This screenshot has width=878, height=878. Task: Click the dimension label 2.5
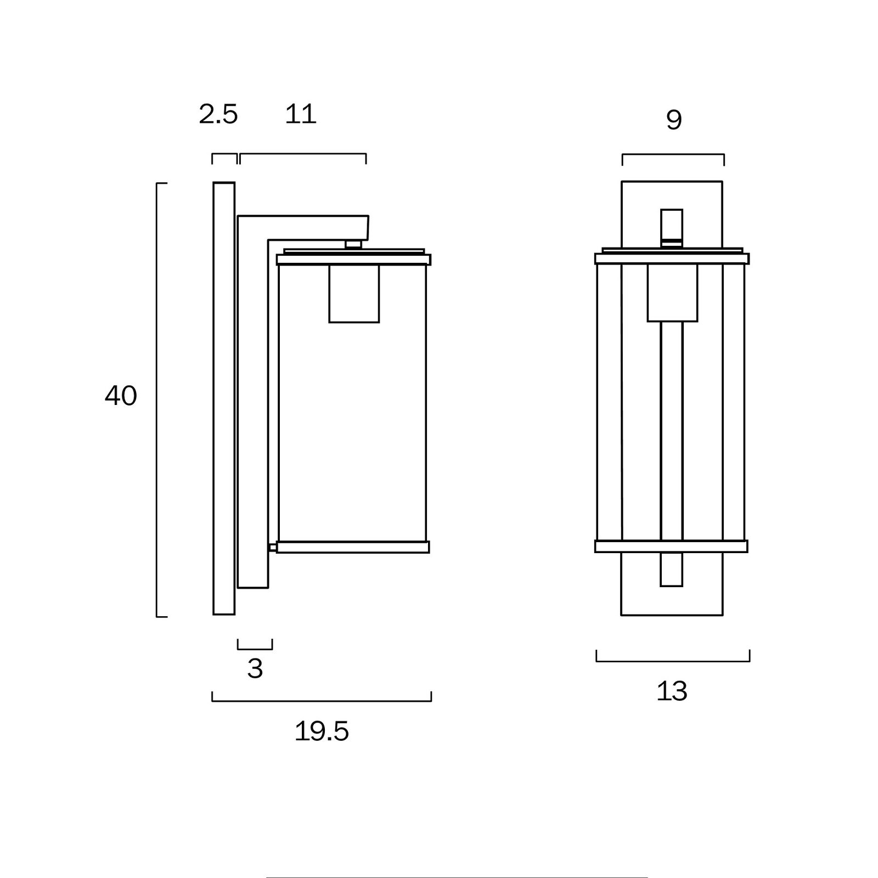(x=218, y=114)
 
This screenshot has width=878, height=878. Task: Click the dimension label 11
(x=301, y=114)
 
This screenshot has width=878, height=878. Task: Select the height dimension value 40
(x=121, y=395)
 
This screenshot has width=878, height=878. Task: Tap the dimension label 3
(x=255, y=668)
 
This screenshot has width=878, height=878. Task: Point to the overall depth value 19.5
(x=322, y=731)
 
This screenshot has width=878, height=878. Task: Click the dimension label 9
(x=674, y=120)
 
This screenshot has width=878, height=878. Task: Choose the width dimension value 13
(x=672, y=691)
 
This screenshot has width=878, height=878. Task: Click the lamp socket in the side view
(x=354, y=294)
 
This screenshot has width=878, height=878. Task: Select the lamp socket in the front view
(x=672, y=293)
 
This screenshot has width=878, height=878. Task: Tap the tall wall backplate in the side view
(x=224, y=398)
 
